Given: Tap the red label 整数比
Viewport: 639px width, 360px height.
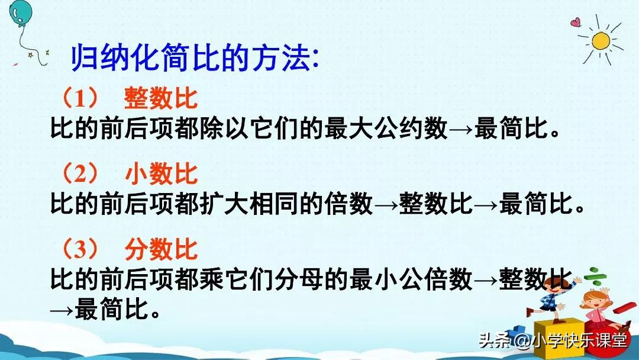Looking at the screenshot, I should (161, 98).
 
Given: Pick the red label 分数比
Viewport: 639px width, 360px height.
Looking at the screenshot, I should (161, 250).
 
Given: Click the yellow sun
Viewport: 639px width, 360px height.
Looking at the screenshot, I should (601, 41).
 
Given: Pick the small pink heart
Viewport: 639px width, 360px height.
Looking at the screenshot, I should (575, 23).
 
